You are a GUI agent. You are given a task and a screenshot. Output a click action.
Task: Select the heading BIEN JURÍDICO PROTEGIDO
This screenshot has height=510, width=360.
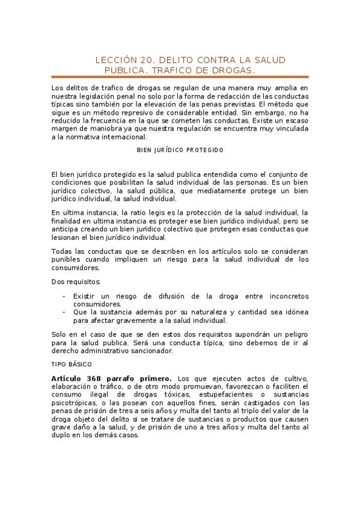180,149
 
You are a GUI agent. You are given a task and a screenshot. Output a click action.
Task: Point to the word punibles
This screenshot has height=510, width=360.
67,259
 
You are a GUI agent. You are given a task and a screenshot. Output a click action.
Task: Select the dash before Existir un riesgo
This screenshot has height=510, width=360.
64,296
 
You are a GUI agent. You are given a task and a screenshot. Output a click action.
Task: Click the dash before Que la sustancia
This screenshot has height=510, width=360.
64,312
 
